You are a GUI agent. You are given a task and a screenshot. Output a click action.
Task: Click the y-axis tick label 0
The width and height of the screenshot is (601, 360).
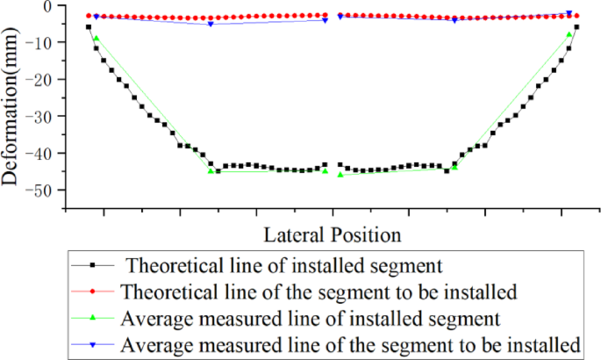tap(51, 6)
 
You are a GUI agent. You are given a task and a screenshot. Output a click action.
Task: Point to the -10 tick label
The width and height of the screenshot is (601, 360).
tap(43, 42)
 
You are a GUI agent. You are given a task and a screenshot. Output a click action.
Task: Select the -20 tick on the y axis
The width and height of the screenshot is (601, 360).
tap(43, 79)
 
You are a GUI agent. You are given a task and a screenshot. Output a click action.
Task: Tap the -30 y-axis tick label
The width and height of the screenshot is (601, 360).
tap(43, 116)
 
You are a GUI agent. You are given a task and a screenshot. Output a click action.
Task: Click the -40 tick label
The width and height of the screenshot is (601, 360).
tap(43, 153)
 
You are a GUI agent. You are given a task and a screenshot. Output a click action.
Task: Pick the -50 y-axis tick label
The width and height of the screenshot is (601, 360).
tap(43, 190)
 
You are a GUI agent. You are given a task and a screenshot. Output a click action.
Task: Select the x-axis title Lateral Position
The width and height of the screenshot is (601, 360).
tap(332, 234)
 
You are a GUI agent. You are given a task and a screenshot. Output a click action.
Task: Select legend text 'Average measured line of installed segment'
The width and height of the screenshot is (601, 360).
tap(311, 316)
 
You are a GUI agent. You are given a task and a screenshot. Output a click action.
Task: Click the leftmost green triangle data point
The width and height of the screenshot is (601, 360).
tap(96, 38)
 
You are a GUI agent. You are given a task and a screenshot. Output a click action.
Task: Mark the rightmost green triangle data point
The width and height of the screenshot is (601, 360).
tap(569, 34)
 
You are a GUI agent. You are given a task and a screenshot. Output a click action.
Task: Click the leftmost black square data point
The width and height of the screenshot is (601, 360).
tap(89, 27)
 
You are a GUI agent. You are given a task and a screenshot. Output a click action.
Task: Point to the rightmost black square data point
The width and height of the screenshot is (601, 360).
tap(576, 27)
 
